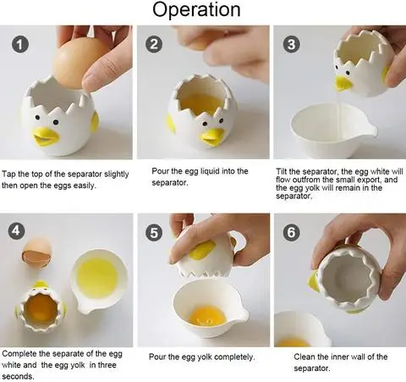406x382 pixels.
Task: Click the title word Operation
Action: pos(202,11)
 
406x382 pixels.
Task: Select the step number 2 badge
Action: pos(154,44)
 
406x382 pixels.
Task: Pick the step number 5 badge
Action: pos(154,230)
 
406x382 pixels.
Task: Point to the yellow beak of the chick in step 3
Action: pos(343,82)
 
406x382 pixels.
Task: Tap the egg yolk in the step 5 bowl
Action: pos(208,316)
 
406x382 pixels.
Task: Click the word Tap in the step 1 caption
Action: pos(10,172)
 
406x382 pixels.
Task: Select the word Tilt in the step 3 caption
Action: pos(284,171)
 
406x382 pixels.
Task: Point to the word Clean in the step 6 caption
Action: pos(306,357)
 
